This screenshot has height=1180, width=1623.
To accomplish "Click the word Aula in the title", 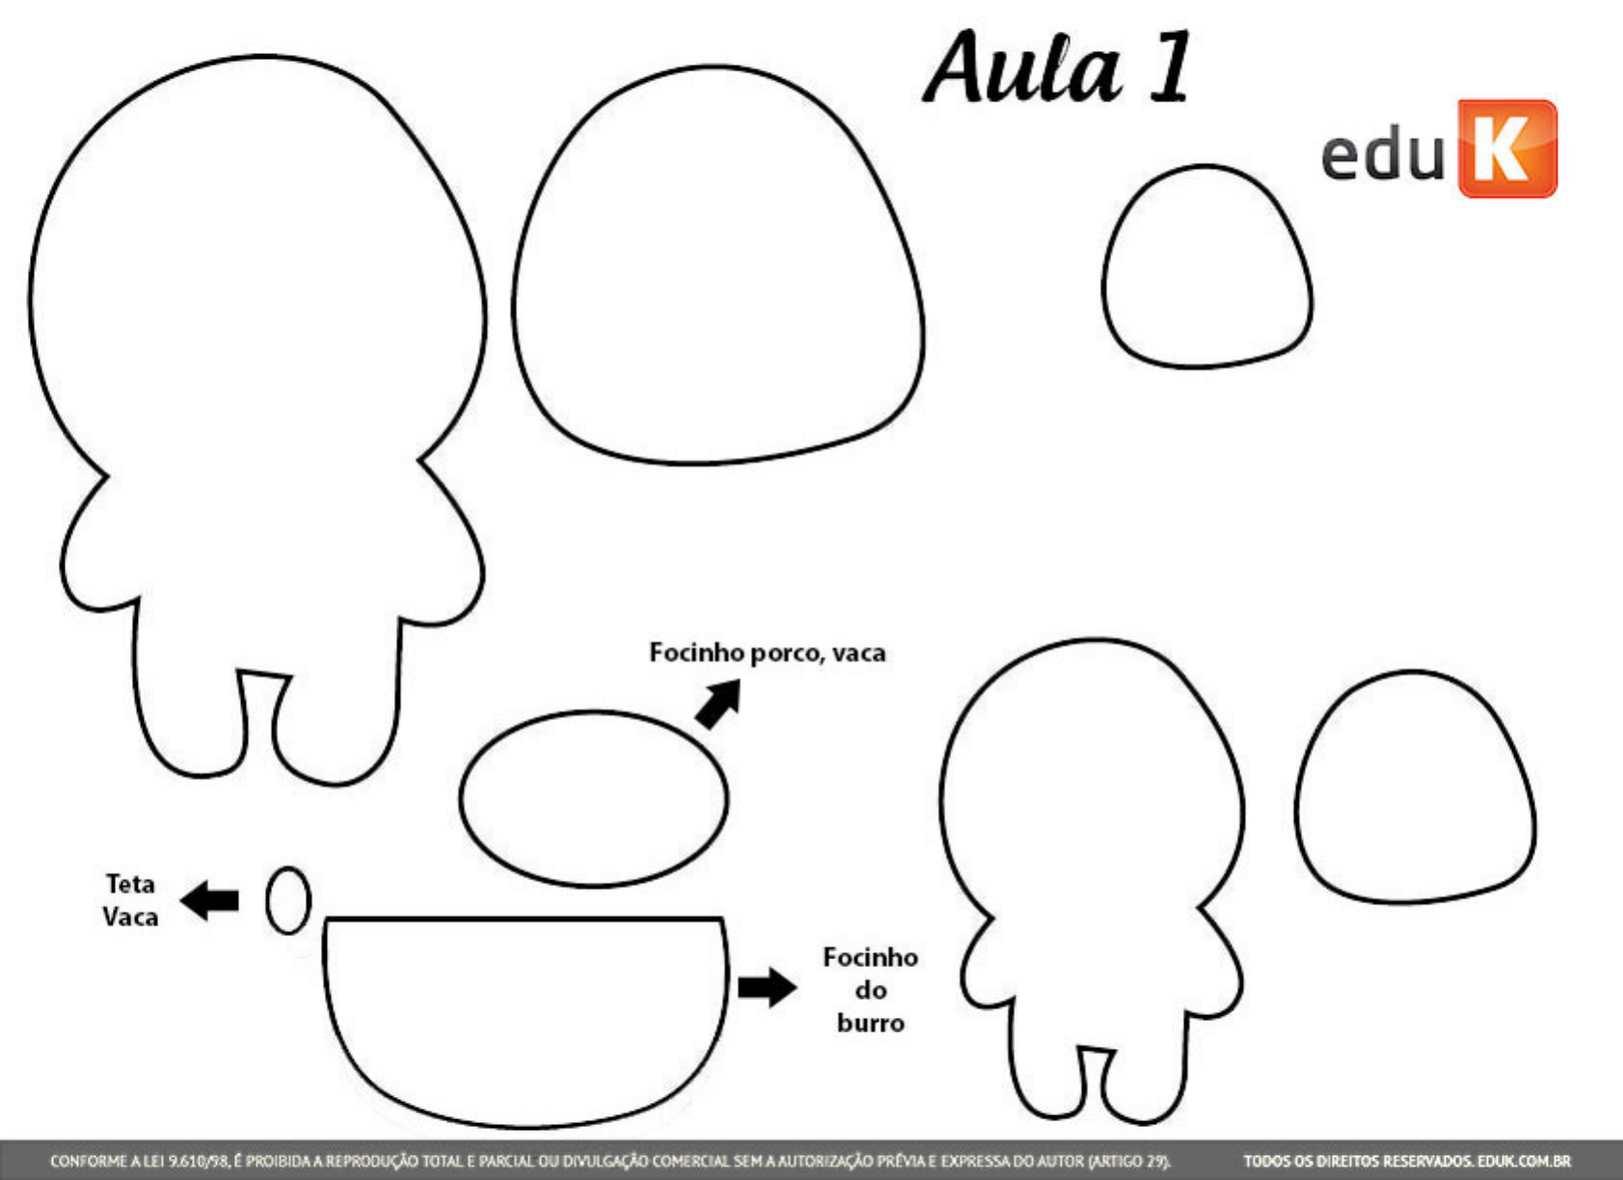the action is (x=1024, y=69).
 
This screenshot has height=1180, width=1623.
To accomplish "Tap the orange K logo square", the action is (x=1507, y=148).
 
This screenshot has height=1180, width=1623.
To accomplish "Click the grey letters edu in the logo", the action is (x=1382, y=154).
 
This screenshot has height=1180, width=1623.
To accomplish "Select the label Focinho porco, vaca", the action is (x=767, y=654).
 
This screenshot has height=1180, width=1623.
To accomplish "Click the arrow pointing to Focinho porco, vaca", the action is (x=719, y=704).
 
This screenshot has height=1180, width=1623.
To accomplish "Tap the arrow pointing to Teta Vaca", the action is (x=211, y=900).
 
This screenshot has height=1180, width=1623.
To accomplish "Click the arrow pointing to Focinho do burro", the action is (x=767, y=986).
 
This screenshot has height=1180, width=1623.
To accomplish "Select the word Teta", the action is (x=130, y=884).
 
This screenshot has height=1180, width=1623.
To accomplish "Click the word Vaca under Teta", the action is (x=130, y=917).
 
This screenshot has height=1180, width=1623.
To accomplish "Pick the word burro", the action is (x=870, y=1023).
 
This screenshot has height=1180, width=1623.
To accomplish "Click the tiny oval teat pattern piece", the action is (x=287, y=900).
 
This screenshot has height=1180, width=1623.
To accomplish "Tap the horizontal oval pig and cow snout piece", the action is (x=594, y=798).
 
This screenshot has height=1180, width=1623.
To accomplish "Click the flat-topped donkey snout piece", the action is (x=525, y=1012).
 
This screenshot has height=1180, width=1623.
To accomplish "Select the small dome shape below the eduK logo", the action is (x=1207, y=270).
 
